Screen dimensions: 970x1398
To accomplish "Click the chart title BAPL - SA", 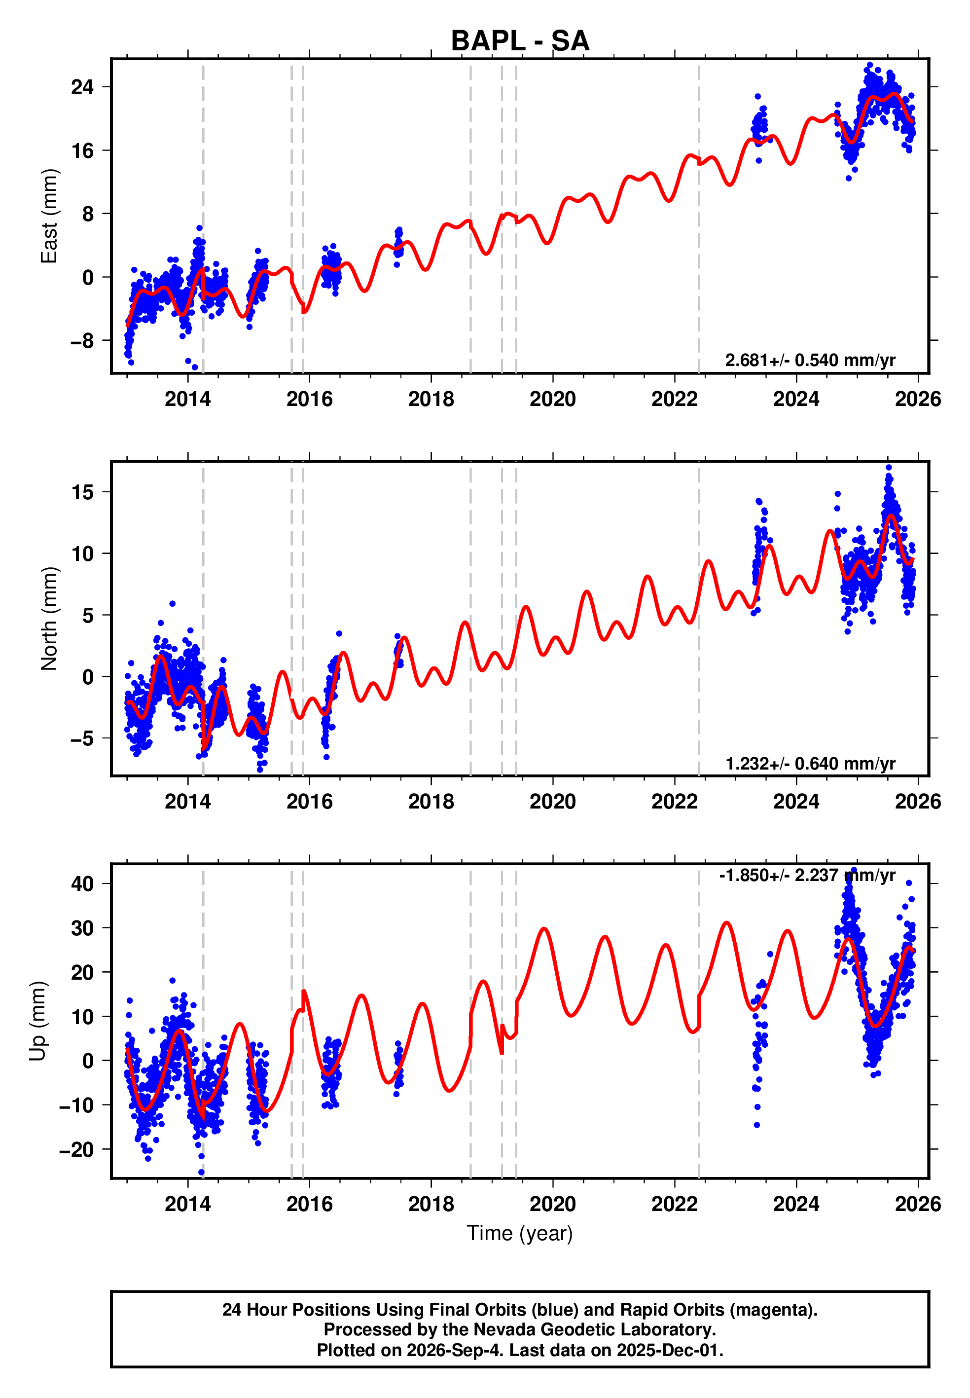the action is [x=520, y=41].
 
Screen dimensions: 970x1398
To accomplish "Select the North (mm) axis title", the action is [x=49, y=619].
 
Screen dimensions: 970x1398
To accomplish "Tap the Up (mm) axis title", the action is [x=37, y=1021].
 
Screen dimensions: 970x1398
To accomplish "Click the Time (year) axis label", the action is [x=520, y=1233].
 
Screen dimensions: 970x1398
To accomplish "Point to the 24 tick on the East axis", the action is [x=83, y=87].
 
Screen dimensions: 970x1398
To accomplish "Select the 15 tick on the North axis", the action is [x=83, y=492].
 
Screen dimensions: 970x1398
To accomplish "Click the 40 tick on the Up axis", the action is [x=83, y=884].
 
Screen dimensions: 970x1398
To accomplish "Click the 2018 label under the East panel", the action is [x=431, y=400].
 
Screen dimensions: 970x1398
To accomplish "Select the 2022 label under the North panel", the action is [x=675, y=802].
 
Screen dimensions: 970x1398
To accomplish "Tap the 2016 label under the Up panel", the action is [x=309, y=1204].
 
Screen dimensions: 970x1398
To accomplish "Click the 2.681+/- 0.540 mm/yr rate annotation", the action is [x=810, y=361].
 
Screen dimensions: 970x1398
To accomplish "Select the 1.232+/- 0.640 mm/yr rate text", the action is [x=810, y=764].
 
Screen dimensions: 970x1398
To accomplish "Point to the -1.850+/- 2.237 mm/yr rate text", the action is [x=807, y=875].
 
